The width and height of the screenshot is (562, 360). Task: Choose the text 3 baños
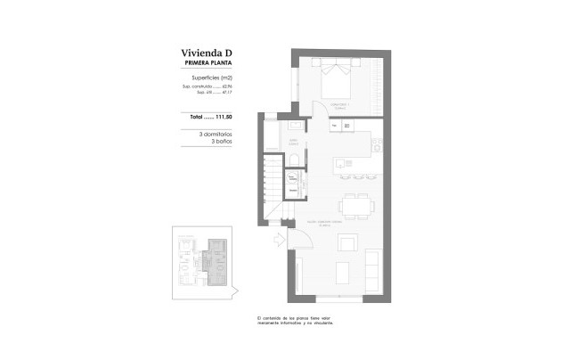(x=220, y=142)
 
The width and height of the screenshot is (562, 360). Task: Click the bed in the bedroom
(x=336, y=81)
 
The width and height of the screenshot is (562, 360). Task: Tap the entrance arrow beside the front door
(x=278, y=239)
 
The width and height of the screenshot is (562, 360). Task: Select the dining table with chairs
(x=357, y=204)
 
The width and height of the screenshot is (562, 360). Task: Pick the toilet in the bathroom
(x=293, y=159)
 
